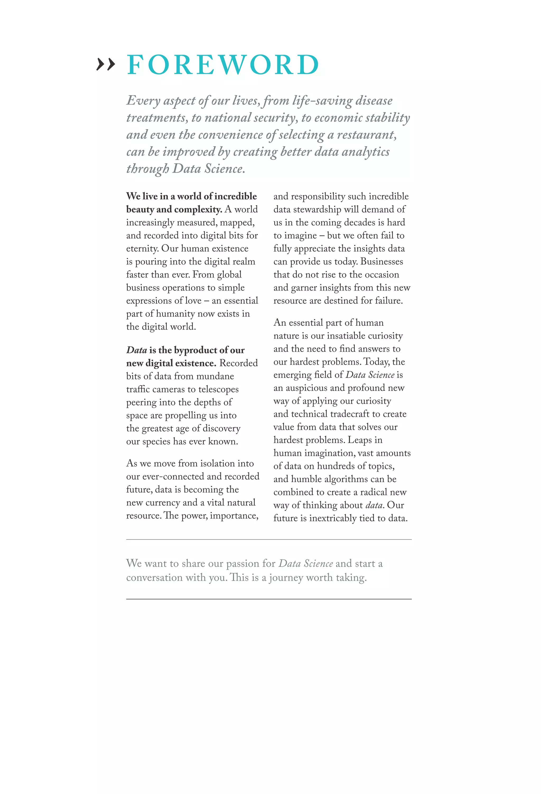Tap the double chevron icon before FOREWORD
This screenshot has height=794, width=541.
point(106,64)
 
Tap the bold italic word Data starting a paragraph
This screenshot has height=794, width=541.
point(136,350)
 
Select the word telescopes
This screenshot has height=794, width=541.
point(218,390)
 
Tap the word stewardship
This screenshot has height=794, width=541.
point(317,209)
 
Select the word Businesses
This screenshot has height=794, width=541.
point(381,262)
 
